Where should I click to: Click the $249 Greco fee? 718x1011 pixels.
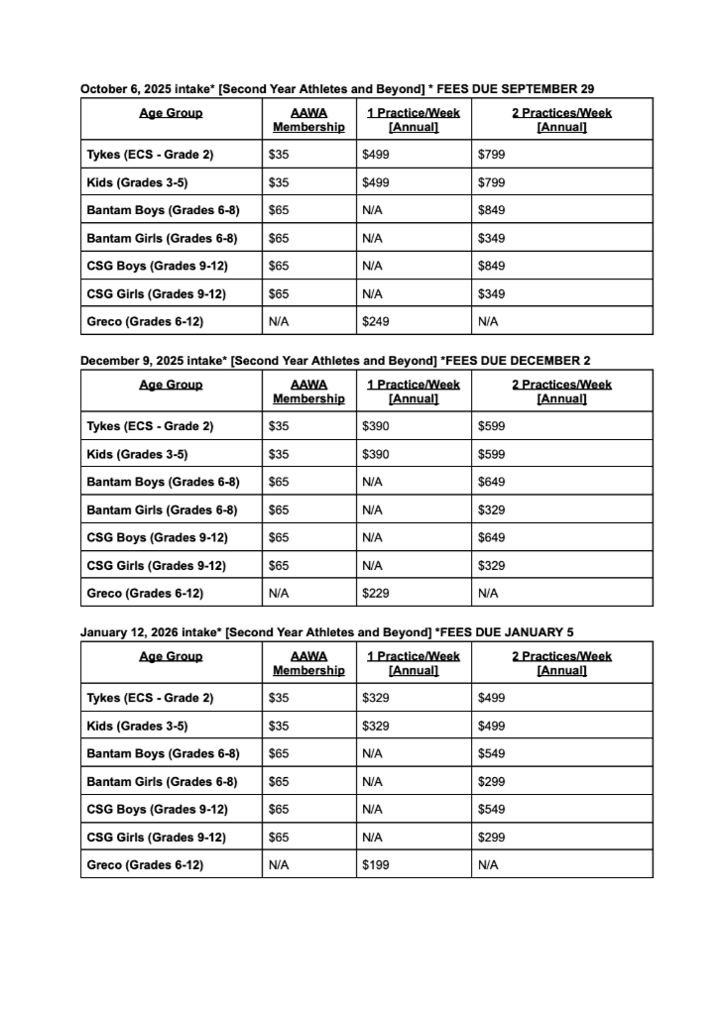376,321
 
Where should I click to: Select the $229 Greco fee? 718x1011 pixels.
376,593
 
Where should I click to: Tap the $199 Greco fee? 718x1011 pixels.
376,864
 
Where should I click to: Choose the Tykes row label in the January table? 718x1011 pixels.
150,697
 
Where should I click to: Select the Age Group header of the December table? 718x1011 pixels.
171,385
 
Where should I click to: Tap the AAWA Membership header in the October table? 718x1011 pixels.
308,120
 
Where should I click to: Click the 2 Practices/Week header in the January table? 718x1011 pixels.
561,663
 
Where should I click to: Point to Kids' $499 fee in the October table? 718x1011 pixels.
376,182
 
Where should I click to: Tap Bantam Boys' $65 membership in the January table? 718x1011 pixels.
279,753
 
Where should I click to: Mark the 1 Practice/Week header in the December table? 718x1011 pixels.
414,392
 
